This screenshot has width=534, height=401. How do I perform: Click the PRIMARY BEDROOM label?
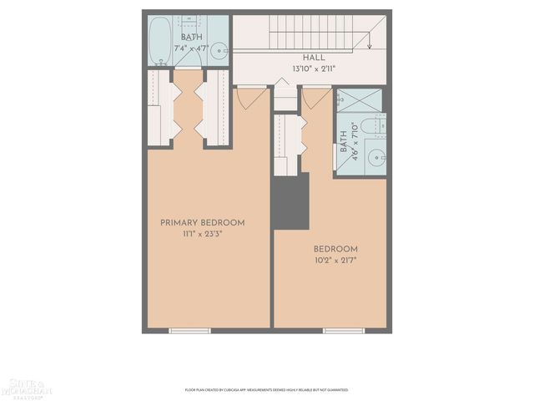pos(203,222)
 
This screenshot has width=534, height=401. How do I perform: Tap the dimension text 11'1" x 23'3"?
pos(203,234)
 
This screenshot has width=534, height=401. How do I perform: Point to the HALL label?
pos(314,58)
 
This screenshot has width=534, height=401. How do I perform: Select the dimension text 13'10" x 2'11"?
pos(314,69)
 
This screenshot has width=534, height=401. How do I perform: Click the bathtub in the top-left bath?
pos(160,41)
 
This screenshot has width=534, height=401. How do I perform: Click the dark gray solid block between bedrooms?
pos(291,200)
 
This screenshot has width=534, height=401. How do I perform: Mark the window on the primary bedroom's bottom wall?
pos(189,331)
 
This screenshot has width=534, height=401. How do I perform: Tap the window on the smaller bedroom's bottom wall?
pos(344,331)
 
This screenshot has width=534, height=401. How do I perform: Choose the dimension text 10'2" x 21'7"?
pos(335,261)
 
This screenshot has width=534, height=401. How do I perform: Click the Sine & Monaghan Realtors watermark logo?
pos(27,386)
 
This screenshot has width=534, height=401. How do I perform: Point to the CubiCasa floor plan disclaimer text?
pos(266,389)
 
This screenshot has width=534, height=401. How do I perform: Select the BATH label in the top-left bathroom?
pos(191,38)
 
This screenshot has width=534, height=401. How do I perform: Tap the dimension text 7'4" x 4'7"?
pos(190,48)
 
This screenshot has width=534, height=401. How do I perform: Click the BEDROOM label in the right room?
pos(335,249)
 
